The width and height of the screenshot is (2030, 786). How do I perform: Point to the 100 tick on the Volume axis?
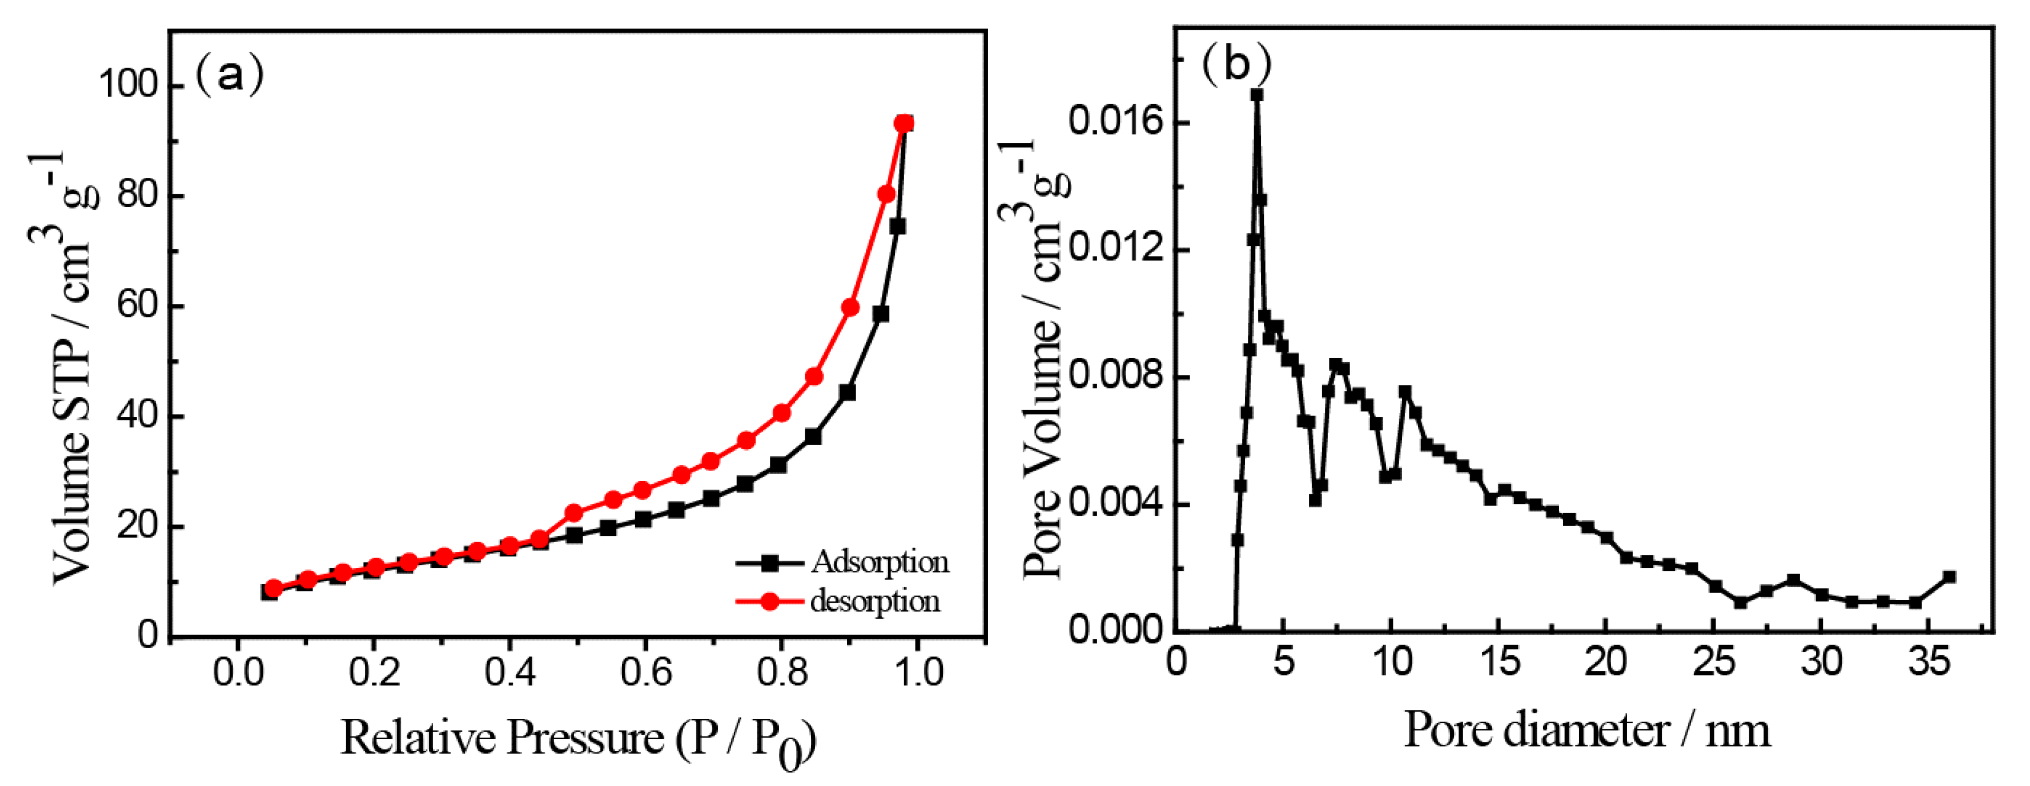(128, 84)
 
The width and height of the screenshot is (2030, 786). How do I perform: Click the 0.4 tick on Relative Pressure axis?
(509, 671)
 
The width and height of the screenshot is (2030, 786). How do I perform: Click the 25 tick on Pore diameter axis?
(1712, 661)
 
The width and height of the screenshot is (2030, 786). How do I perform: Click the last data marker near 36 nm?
(1950, 577)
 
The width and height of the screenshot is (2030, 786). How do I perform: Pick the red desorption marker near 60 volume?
(849, 308)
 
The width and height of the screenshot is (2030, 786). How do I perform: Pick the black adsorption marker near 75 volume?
(897, 226)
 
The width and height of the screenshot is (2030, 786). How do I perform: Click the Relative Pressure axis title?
(577, 739)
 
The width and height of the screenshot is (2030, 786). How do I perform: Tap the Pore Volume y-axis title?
(1038, 359)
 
